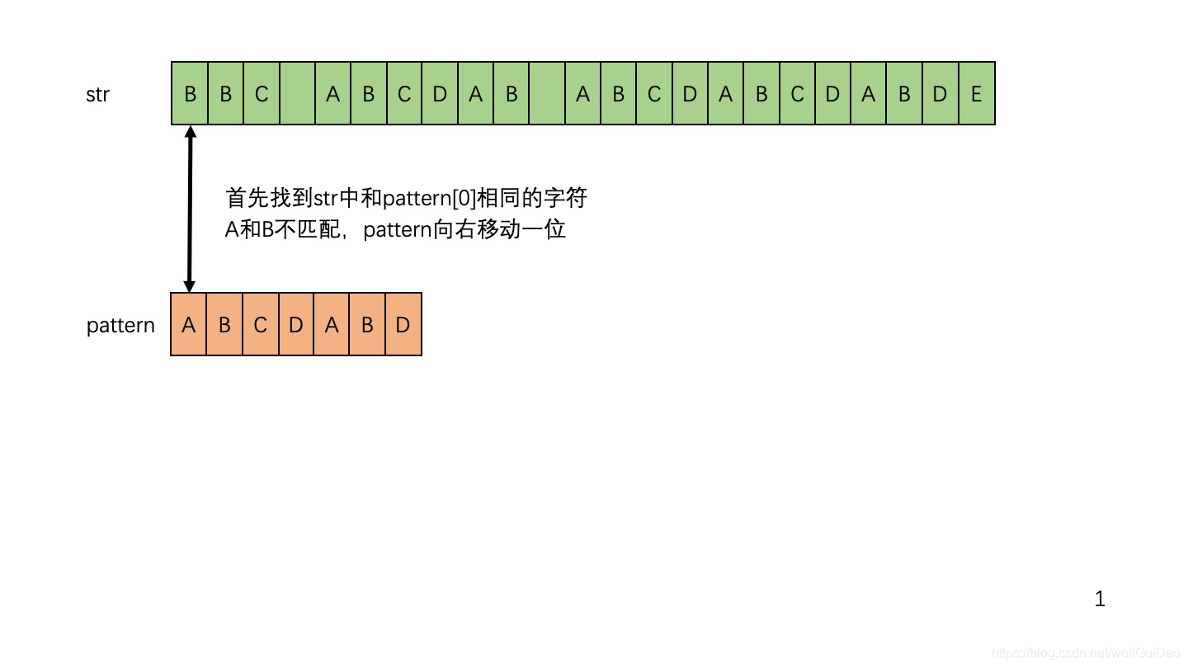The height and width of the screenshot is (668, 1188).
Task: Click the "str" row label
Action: click(97, 94)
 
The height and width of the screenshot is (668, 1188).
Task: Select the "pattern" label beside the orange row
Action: click(120, 325)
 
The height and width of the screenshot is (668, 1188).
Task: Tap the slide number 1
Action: click(1100, 600)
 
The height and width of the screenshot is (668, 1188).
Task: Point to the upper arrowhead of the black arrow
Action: click(190, 132)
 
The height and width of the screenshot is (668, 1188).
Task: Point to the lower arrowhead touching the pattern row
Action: click(190, 285)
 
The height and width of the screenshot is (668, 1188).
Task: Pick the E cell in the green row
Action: click(976, 94)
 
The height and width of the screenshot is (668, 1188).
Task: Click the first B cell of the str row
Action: click(190, 94)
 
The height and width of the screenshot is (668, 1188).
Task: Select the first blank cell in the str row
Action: click(297, 94)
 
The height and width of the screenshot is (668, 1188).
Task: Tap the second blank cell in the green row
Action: click(547, 94)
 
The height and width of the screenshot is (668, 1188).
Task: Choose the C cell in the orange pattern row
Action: click(260, 325)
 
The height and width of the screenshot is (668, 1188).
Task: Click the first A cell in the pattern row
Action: click(189, 325)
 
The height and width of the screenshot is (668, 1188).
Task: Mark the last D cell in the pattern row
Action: click(403, 325)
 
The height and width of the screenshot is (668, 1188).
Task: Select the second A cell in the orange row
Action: click(332, 325)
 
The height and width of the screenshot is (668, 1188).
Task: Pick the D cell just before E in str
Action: click(940, 94)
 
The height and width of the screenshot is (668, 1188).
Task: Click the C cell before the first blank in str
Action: click(262, 94)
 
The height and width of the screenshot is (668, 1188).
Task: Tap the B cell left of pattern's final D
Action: click(367, 325)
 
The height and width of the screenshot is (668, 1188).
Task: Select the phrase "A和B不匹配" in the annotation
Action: click(282, 229)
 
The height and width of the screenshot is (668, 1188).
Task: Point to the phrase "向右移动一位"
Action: click(500, 229)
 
